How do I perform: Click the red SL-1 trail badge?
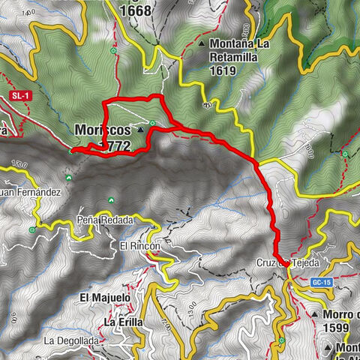coord(19,96)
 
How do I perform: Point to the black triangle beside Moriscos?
coord(140,130)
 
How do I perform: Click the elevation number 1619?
coord(223,71)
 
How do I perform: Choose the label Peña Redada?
coord(104,220)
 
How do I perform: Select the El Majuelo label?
coord(105,298)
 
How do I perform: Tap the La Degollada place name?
coord(70,340)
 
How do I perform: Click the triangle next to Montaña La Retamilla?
coord(204,43)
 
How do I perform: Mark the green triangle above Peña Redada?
coord(111,200)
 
